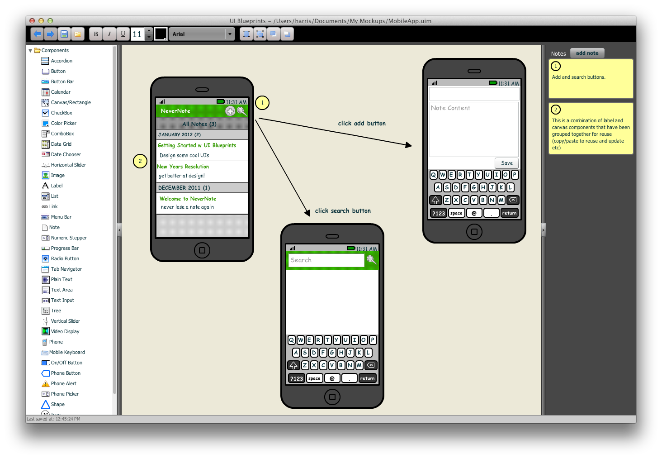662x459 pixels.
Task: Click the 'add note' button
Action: pyautogui.click(x=587, y=53)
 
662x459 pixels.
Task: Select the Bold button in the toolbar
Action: pyautogui.click(x=95, y=34)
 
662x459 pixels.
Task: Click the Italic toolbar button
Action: pyautogui.click(x=109, y=34)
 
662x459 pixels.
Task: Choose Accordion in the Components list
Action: pyautogui.click(x=61, y=61)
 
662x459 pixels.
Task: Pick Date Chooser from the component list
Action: pyautogui.click(x=66, y=154)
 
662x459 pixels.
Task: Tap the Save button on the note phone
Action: pyautogui.click(x=506, y=163)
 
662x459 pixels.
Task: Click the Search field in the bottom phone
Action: pyautogui.click(x=326, y=260)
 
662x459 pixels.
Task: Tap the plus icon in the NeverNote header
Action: pyautogui.click(x=230, y=111)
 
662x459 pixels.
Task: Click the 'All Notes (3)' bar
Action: pyautogui.click(x=199, y=124)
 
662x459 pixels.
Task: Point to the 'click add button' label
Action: pyautogui.click(x=362, y=123)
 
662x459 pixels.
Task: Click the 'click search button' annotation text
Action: pyautogui.click(x=343, y=210)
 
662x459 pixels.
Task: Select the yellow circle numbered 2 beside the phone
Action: pyautogui.click(x=140, y=161)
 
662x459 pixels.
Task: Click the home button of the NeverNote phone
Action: pyautogui.click(x=202, y=250)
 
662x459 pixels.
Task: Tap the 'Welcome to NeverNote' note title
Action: pyautogui.click(x=188, y=199)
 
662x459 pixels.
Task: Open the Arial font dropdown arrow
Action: pyautogui.click(x=230, y=34)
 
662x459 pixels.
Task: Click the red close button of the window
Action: pyautogui.click(x=32, y=21)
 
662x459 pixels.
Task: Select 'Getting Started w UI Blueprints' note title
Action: pyautogui.click(x=197, y=145)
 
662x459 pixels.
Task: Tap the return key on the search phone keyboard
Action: pyautogui.click(x=367, y=378)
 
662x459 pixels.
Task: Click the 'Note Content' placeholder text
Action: pyautogui.click(x=450, y=108)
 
